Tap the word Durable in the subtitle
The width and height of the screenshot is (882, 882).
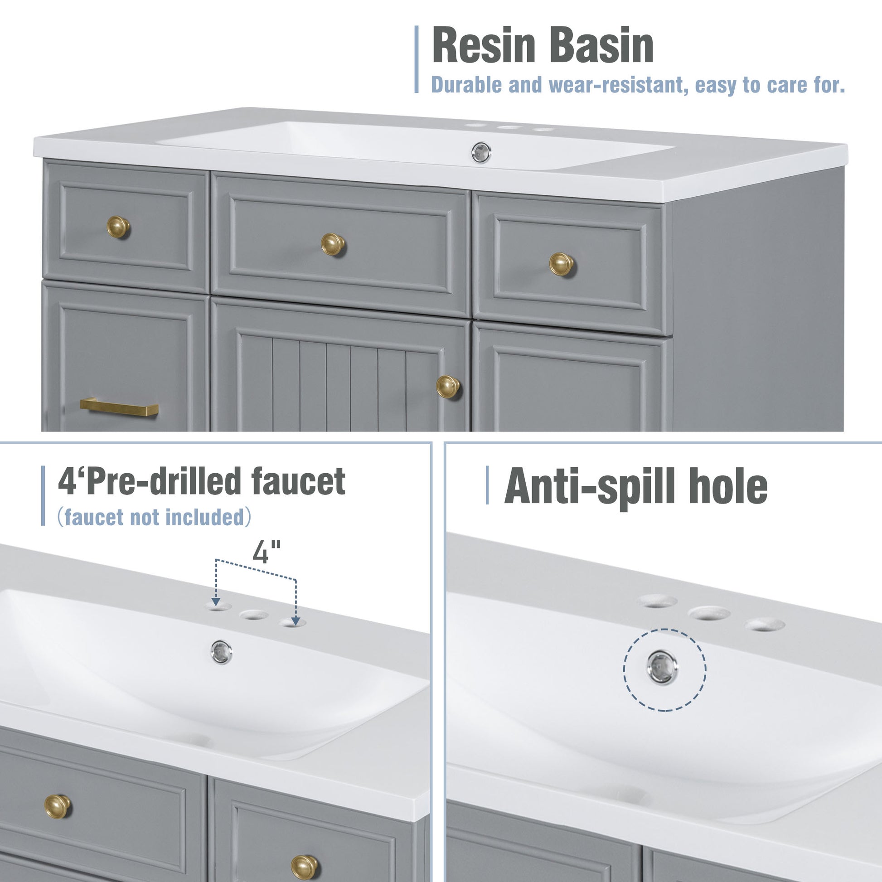(x=466, y=85)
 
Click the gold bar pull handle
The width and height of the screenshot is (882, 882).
(x=119, y=407)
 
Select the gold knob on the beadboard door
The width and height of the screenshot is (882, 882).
(x=447, y=387)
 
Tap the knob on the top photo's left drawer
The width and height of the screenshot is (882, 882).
(x=118, y=227)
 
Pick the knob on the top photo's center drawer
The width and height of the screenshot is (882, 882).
(x=333, y=244)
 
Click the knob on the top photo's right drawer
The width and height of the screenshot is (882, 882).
(x=561, y=264)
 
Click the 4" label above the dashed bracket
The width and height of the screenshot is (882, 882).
(x=266, y=552)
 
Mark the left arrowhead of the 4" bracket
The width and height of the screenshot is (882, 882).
(x=216, y=602)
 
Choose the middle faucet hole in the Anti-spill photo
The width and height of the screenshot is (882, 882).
(x=709, y=613)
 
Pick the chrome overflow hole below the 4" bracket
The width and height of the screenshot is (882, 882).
(x=222, y=652)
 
